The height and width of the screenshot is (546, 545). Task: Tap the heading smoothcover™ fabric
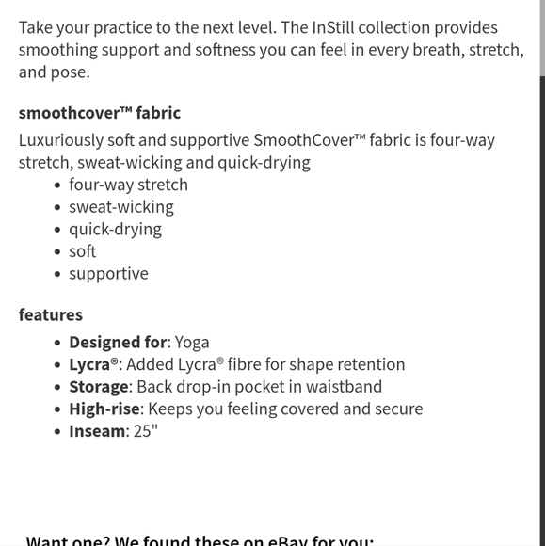click(x=99, y=113)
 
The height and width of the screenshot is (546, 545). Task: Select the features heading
click(x=51, y=314)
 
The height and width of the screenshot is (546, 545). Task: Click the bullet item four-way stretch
click(x=128, y=185)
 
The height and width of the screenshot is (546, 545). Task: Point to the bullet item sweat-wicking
click(x=120, y=207)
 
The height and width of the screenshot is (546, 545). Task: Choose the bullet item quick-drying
click(x=115, y=229)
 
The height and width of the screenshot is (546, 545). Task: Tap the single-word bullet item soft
click(x=82, y=251)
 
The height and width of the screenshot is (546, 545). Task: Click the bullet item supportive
click(x=108, y=274)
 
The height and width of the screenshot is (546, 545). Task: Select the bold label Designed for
click(x=118, y=343)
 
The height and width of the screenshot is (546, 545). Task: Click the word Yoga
click(x=192, y=343)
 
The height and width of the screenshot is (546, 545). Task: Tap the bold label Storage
click(x=98, y=387)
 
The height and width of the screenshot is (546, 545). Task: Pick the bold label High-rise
click(x=104, y=409)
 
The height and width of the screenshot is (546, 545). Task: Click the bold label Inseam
click(x=97, y=431)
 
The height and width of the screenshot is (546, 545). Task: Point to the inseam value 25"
click(x=146, y=431)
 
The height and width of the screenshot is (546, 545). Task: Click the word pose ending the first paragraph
click(x=69, y=72)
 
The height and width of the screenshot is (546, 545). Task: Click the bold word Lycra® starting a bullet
click(x=94, y=364)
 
